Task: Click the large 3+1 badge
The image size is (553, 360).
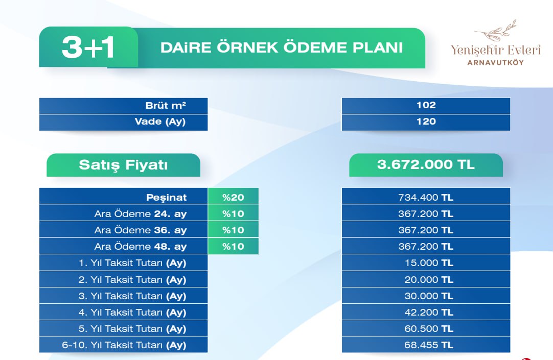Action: pyautogui.click(x=88, y=47)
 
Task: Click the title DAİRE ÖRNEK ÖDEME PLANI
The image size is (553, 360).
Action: pyautogui.click(x=282, y=48)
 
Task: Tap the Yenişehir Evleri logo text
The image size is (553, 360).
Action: pyautogui.click(x=496, y=50)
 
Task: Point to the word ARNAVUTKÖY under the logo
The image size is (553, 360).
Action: pyautogui.click(x=496, y=63)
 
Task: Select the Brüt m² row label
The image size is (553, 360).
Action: pyautogui.click(x=166, y=105)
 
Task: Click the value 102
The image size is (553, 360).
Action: pyautogui.click(x=426, y=105)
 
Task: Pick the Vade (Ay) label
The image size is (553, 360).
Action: pyautogui.click(x=160, y=122)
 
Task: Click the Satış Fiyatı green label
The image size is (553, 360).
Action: pyautogui.click(x=124, y=165)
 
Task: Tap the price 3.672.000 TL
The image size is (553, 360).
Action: pyautogui.click(x=426, y=164)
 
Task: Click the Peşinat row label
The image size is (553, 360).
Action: pyautogui.click(x=166, y=197)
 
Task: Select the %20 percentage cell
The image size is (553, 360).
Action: pyautogui.click(x=233, y=197)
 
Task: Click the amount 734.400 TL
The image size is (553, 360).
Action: pyautogui.click(x=426, y=197)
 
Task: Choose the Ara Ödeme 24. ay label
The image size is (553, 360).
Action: pyautogui.click(x=141, y=214)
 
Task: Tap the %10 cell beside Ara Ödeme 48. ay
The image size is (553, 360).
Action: pyautogui.click(x=233, y=246)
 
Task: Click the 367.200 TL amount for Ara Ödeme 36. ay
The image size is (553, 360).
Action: pyautogui.click(x=426, y=230)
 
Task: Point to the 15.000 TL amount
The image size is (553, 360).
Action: pyautogui.click(x=429, y=263)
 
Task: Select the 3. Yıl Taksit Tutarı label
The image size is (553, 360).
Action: pyautogui.click(x=132, y=296)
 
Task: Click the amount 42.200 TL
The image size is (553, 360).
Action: pyautogui.click(x=429, y=312)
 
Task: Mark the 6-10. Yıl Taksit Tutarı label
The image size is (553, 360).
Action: pyautogui.click(x=124, y=345)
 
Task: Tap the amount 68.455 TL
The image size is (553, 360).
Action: pyautogui.click(x=429, y=345)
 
